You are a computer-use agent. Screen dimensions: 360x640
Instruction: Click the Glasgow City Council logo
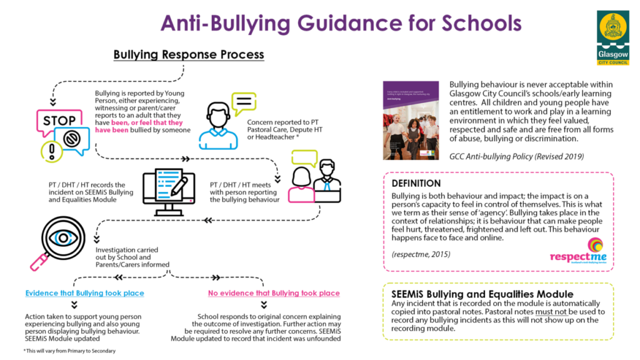[612, 37]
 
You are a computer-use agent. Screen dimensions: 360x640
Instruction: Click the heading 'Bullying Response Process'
[188, 55]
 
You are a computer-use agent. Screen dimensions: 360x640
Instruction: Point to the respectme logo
[577, 251]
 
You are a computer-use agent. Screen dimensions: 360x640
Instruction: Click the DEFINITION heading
[416, 184]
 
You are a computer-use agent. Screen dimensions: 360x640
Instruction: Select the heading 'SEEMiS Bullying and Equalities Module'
[482, 294]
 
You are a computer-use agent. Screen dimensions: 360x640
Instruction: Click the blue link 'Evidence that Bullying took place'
[84, 293]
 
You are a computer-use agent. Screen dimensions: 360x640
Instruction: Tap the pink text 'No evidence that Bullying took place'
[274, 293]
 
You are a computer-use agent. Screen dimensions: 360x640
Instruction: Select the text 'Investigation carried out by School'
[123, 252]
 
